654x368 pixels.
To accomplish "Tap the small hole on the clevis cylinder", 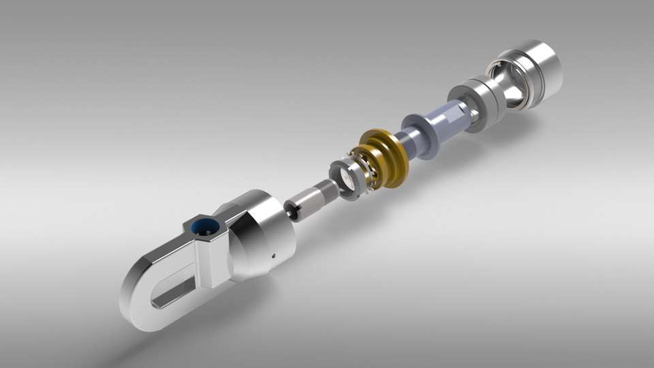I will (x=273, y=256).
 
